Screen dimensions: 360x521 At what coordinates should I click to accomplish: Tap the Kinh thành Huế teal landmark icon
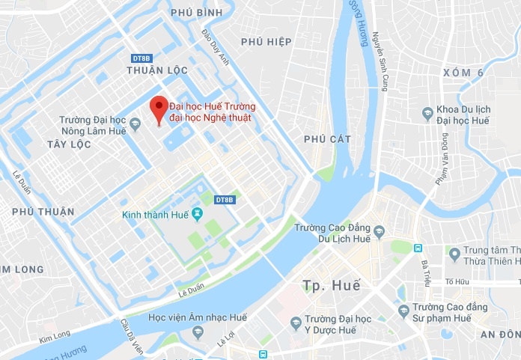(x=197, y=216)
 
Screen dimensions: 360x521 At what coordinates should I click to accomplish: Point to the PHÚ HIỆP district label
(x=266, y=41)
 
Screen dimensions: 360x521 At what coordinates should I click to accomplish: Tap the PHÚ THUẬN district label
(x=43, y=212)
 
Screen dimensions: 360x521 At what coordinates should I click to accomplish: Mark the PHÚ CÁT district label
(x=328, y=138)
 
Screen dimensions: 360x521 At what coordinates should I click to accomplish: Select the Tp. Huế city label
(x=332, y=285)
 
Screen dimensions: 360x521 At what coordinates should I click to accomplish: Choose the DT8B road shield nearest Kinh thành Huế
(x=225, y=200)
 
